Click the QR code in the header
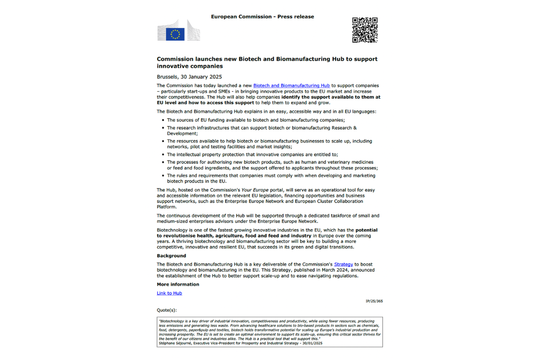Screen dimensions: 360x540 click(364, 30)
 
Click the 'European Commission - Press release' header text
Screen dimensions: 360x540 click(262, 17)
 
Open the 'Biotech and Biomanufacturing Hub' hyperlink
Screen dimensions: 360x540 click(291, 85)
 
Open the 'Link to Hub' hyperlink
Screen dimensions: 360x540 click(169, 293)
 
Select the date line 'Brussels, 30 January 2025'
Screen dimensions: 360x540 click(189, 76)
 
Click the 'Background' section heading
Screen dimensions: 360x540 click(171, 256)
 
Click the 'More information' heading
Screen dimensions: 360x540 click(178, 284)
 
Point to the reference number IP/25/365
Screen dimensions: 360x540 click(374, 301)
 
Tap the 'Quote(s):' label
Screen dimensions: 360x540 click(166, 310)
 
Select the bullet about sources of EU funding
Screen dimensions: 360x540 click(256, 120)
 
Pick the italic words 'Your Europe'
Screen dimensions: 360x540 click(254, 190)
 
